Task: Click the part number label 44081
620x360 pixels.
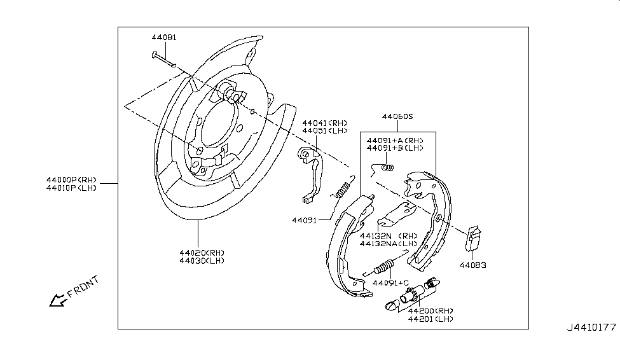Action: [164, 38]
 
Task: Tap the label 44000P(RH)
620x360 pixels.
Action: [70, 179]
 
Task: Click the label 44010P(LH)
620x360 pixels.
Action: [70, 188]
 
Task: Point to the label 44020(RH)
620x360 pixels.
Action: [202, 252]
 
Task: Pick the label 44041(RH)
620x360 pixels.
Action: [325, 123]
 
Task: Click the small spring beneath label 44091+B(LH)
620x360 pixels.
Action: [384, 168]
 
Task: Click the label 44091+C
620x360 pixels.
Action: [390, 282]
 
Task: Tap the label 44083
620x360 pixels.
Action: [473, 265]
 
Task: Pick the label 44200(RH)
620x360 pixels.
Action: [431, 310]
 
